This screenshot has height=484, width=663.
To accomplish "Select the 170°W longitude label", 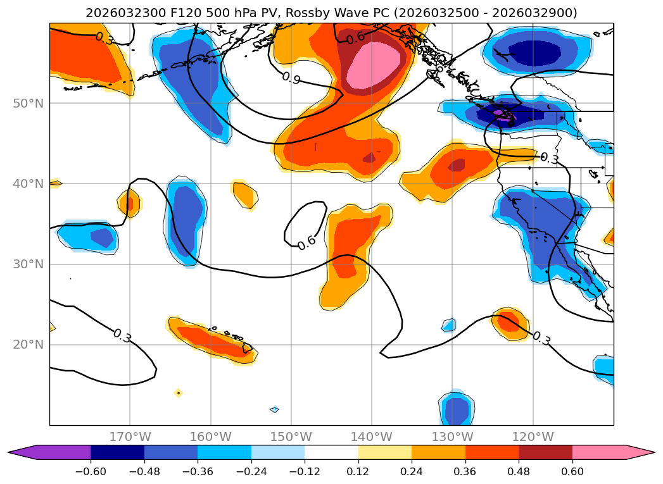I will (x=130, y=437).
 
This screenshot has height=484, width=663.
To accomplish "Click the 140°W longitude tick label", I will (x=371, y=437).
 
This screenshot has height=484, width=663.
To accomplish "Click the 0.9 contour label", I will (x=291, y=78).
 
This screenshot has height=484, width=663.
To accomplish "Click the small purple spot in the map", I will (x=501, y=114).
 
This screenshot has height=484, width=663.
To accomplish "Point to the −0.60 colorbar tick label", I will (x=91, y=472).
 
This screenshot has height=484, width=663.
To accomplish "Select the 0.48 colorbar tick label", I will (x=519, y=472).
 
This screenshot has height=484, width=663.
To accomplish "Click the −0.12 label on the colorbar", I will (x=305, y=472).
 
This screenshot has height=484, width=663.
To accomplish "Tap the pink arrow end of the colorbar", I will (x=640, y=452).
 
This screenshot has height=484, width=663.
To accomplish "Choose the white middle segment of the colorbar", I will (x=331, y=452).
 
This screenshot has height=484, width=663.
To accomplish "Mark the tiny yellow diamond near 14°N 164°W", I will (x=179, y=393).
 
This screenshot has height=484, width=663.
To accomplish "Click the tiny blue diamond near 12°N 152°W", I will (x=274, y=409).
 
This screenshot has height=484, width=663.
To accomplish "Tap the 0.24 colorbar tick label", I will (x=412, y=472).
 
